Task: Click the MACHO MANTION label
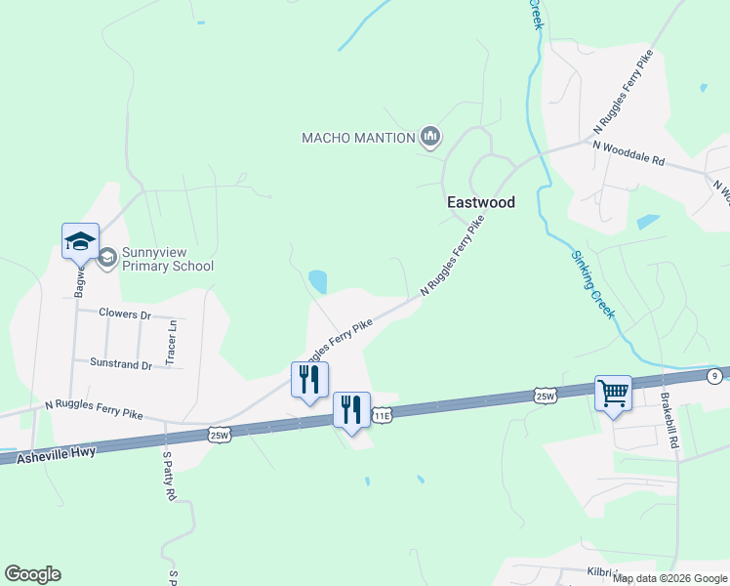(x=358, y=138)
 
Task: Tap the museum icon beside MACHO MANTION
(x=430, y=137)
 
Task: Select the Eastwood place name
(x=480, y=202)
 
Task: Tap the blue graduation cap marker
(x=80, y=242)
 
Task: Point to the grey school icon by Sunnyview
(x=107, y=258)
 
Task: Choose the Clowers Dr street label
(x=126, y=314)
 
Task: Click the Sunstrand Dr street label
(x=121, y=364)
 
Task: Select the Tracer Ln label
(x=172, y=343)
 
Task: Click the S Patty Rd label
(x=168, y=476)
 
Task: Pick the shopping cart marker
(x=613, y=395)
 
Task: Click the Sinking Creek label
(x=592, y=283)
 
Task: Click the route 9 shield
(x=715, y=375)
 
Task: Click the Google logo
(x=32, y=574)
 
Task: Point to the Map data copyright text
(x=670, y=578)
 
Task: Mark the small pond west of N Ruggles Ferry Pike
(x=318, y=282)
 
